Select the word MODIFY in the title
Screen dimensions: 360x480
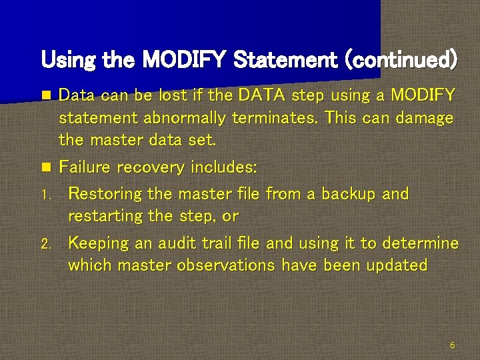tap(186, 61)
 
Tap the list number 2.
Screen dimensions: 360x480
tap(45, 244)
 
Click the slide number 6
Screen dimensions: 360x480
tap(453, 345)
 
